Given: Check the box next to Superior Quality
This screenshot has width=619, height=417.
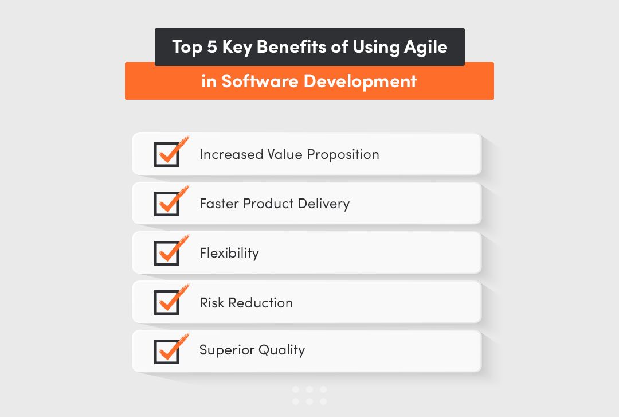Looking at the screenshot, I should (166, 352).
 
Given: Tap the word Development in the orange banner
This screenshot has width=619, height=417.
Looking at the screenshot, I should (360, 81).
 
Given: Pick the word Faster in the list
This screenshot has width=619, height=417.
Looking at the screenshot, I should (219, 204).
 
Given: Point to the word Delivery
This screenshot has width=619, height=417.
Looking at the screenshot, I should (324, 204).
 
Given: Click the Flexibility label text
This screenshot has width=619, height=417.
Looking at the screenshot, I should (229, 253).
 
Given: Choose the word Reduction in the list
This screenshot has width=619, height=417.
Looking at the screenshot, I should (261, 302).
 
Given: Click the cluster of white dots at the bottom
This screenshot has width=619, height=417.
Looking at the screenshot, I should (309, 395).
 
